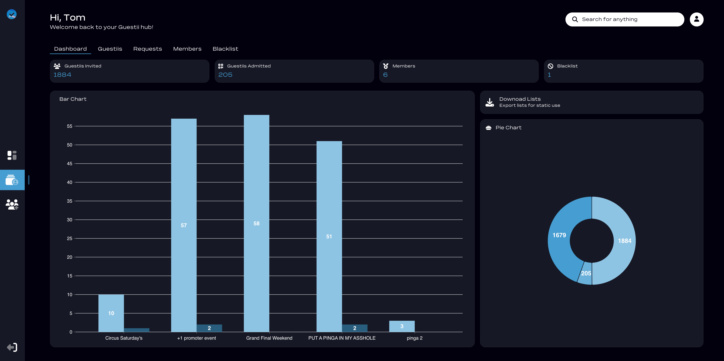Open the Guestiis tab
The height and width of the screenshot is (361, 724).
pos(110,49)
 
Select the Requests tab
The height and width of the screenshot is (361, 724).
pos(148,49)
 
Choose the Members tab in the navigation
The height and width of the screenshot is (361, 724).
pos(187,49)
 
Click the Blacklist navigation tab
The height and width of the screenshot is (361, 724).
pos(225,49)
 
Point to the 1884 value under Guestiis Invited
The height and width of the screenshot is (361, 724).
pos(62,75)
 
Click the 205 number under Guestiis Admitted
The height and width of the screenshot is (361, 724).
pos(225,75)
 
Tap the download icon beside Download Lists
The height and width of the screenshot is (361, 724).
pos(490,102)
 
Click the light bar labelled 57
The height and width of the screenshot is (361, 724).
pos(184,225)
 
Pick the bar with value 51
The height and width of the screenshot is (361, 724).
pos(329,236)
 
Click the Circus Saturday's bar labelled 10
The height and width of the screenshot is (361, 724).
pos(111,313)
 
